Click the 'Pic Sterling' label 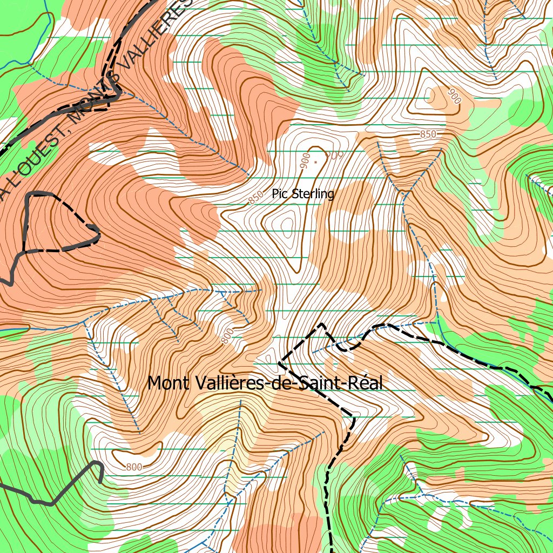(303, 194)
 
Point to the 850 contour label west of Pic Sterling (255, 199)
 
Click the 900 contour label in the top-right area (454, 96)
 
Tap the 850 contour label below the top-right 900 (427, 134)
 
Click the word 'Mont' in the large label (168, 383)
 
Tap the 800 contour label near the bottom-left (134, 467)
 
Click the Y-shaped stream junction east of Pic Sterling (404, 192)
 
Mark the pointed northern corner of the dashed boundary (322, 324)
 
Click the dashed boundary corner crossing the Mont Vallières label (279, 363)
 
